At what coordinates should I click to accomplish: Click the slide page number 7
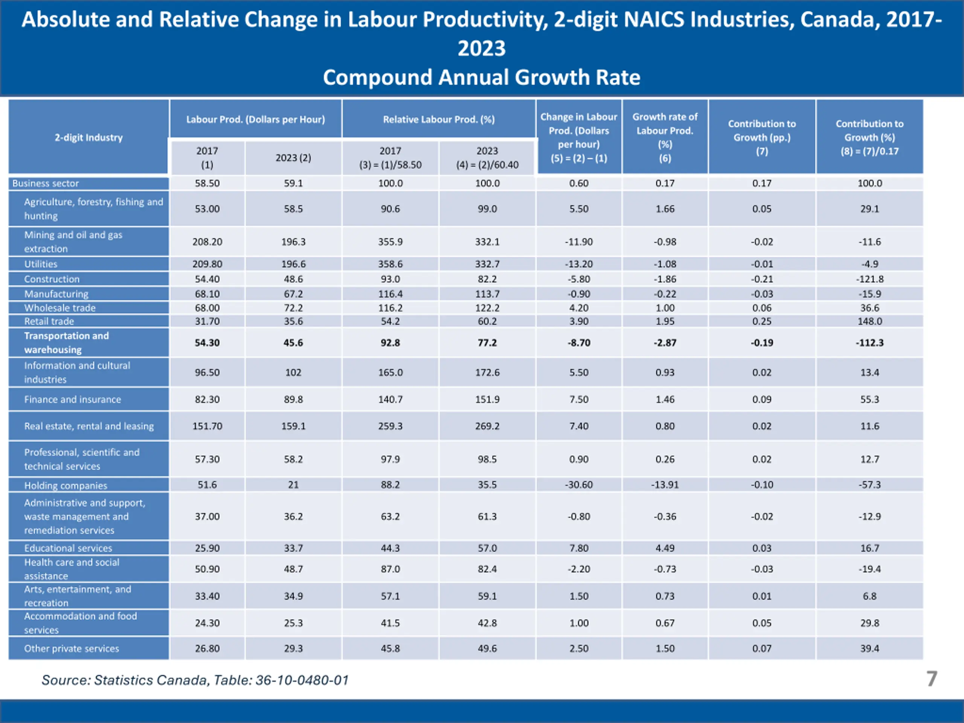[931, 679]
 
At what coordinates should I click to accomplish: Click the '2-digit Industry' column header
[88, 137]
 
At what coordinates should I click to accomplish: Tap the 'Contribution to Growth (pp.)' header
[761, 137]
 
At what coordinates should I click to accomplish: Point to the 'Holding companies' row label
[66, 485]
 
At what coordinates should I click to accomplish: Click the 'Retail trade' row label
[49, 321]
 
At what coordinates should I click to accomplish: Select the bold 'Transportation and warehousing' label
[66, 343]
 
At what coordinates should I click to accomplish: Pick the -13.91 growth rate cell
[665, 485]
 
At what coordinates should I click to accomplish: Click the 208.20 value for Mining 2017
[207, 241]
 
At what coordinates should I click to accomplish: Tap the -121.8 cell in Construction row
[869, 279]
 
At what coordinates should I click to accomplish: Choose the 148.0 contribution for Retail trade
[869, 321]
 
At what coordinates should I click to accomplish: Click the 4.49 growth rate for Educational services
[665, 548]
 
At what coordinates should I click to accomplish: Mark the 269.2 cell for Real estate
[487, 426]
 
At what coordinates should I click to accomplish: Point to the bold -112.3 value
[869, 343]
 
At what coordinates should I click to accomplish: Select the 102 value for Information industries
[293, 372]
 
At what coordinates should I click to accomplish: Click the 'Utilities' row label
[41, 264]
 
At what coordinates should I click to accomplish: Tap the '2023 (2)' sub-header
[293, 158]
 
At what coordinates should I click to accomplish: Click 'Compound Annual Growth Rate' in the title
[482, 78]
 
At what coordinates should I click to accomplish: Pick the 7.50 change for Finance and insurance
[578, 399]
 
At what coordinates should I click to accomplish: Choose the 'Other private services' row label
[72, 648]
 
